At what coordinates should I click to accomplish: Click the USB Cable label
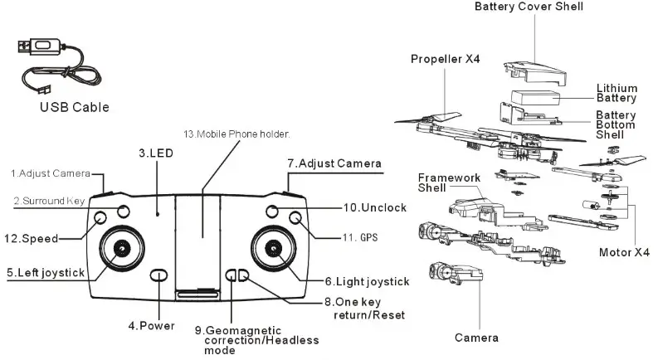click(x=74, y=108)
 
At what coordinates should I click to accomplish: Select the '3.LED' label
click(x=155, y=153)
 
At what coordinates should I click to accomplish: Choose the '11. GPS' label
click(x=358, y=237)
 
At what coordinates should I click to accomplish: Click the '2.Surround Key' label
click(x=50, y=201)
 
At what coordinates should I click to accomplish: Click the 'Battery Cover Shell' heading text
click(x=529, y=7)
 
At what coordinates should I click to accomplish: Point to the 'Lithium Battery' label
click(x=617, y=93)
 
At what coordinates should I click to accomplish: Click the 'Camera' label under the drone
click(x=476, y=338)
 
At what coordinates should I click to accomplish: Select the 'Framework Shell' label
click(x=449, y=182)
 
